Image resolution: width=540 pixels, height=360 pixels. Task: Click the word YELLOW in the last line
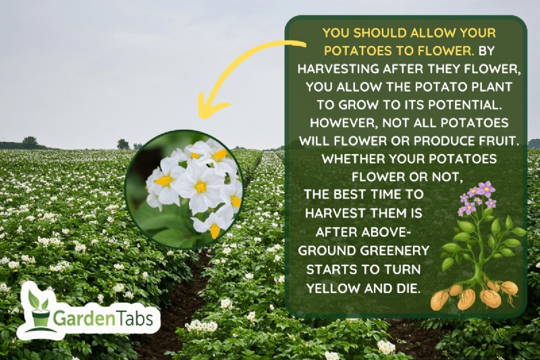point(331,288)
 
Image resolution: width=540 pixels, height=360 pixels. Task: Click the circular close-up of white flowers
point(184,190)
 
